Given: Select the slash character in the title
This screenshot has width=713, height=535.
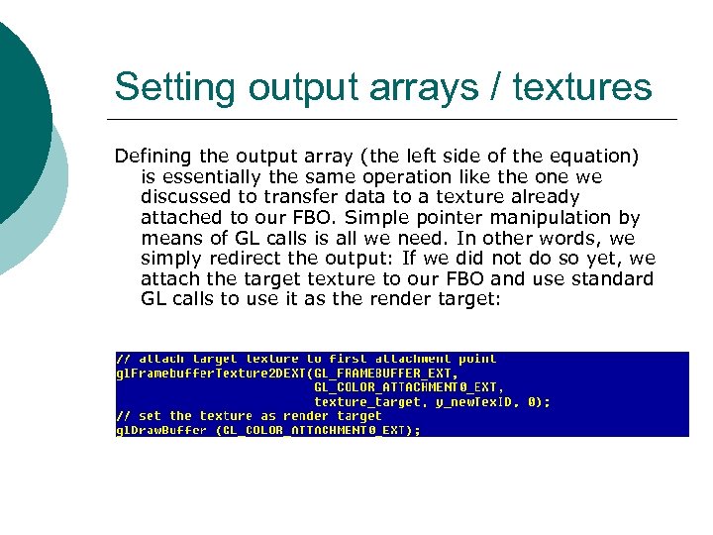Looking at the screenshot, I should click(x=497, y=87).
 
